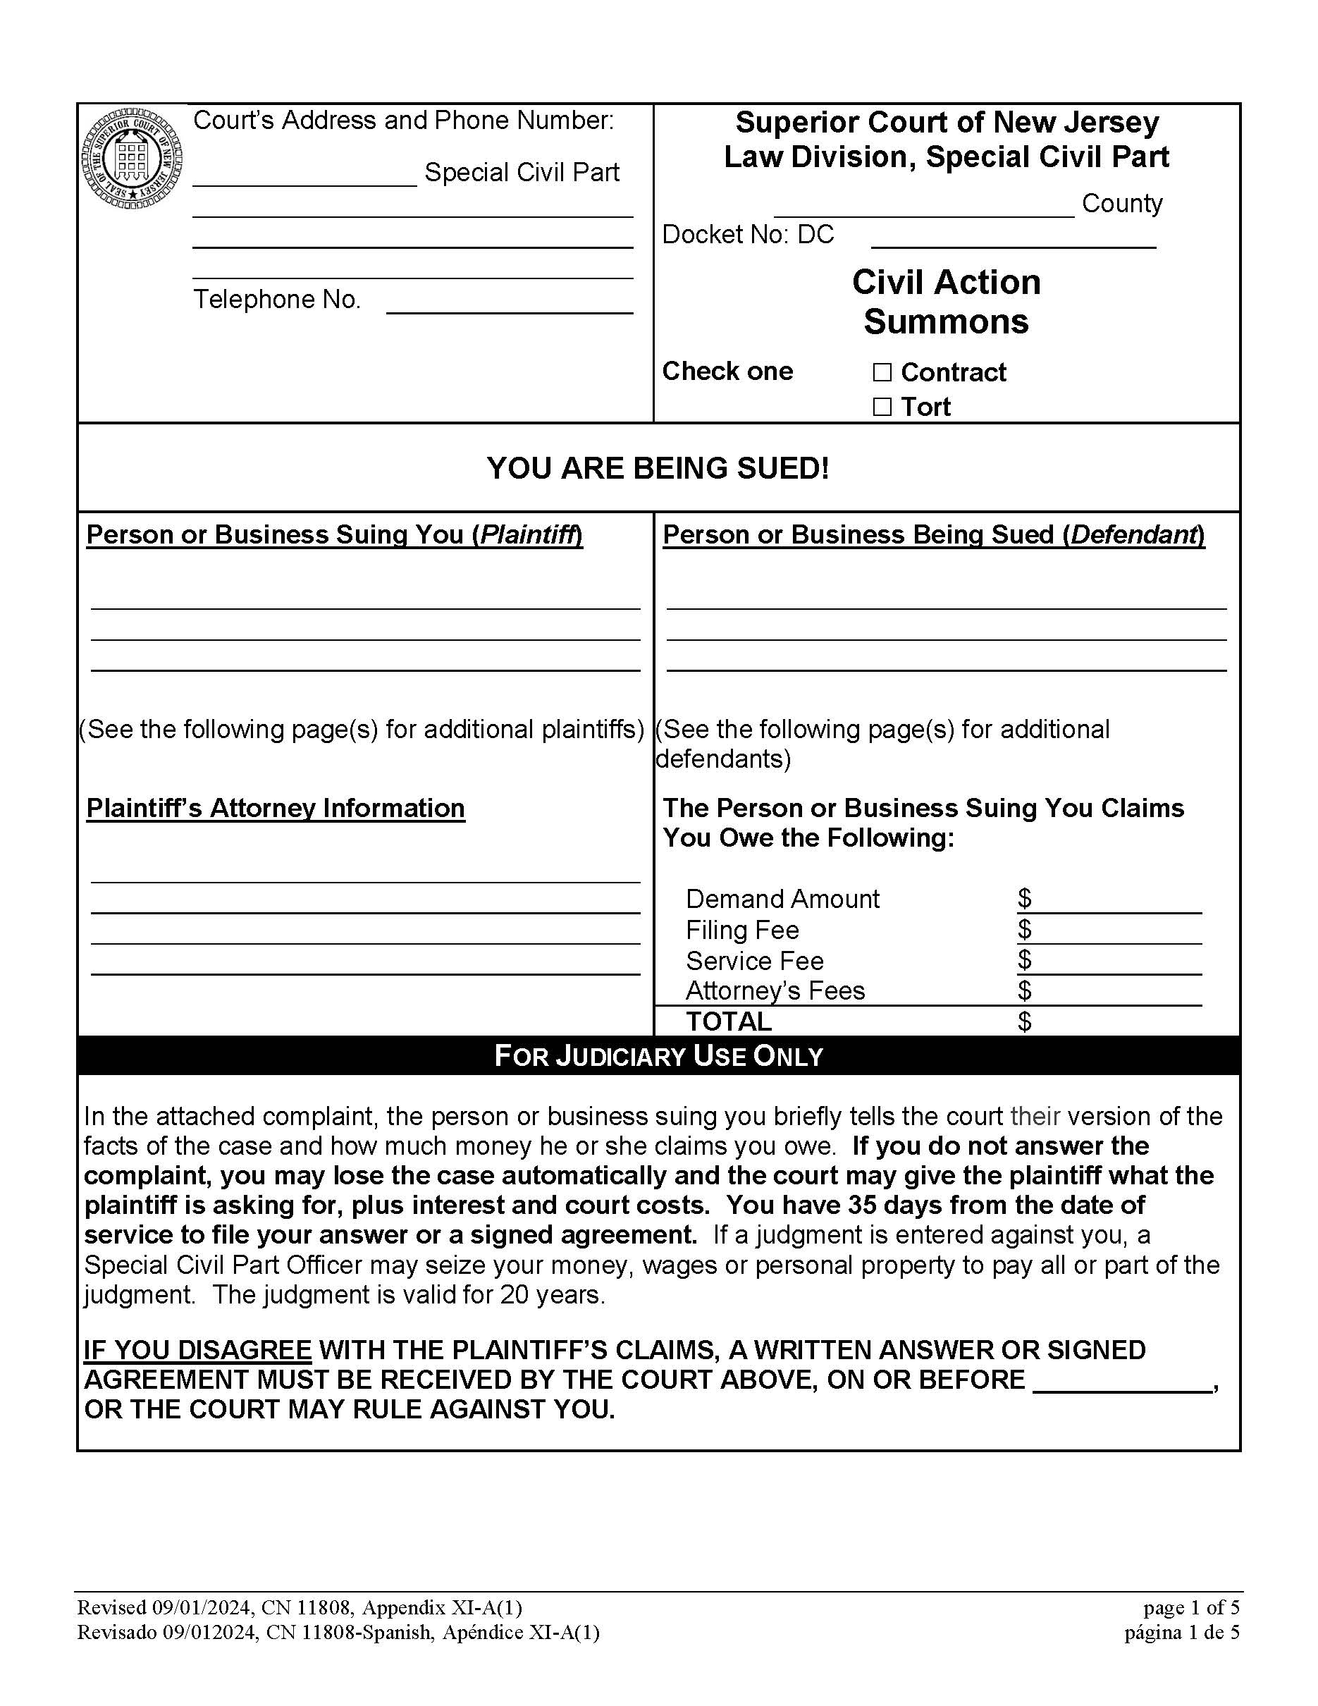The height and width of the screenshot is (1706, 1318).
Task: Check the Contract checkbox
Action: (x=882, y=373)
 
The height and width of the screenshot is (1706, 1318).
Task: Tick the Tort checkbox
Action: (x=882, y=407)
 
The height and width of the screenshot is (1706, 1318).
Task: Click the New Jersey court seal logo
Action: (x=133, y=159)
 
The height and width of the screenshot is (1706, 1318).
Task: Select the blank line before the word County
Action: (x=924, y=207)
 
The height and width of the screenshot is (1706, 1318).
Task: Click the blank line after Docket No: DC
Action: (x=1013, y=238)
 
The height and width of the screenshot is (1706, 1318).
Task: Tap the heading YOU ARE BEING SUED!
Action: (x=658, y=468)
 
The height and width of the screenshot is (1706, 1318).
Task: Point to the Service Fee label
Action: (x=754, y=961)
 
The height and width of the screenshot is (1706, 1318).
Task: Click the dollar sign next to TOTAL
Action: (x=1024, y=1021)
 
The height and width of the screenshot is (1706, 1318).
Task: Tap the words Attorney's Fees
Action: (x=775, y=990)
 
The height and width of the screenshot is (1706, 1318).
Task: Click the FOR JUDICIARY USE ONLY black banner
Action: (x=658, y=1056)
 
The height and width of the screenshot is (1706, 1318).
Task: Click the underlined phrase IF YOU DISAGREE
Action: (x=197, y=1350)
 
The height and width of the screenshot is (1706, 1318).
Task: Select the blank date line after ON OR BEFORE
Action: (x=1121, y=1381)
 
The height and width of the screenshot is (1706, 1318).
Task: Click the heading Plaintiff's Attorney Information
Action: (x=275, y=808)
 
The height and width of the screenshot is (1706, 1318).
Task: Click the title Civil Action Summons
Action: (x=946, y=302)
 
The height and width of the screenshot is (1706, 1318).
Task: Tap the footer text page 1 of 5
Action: (x=1190, y=1607)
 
